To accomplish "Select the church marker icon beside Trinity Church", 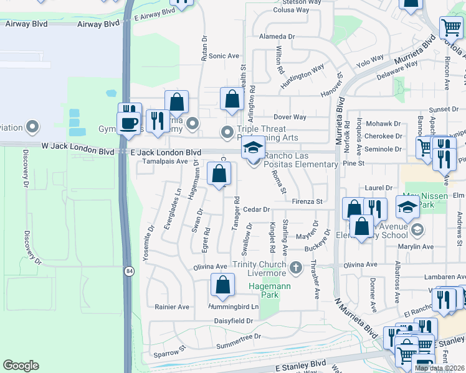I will click(296, 269).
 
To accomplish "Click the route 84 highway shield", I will click(129, 271).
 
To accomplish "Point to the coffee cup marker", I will click(130, 122).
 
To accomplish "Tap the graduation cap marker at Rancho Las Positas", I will click(253, 149).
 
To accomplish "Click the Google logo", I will click(21, 366).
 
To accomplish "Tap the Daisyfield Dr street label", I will click(234, 321).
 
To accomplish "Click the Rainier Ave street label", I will click(171, 306).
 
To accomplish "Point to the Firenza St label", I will click(307, 201).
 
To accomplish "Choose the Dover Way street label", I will click(290, 117).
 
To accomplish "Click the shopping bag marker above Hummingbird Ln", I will click(222, 285).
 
